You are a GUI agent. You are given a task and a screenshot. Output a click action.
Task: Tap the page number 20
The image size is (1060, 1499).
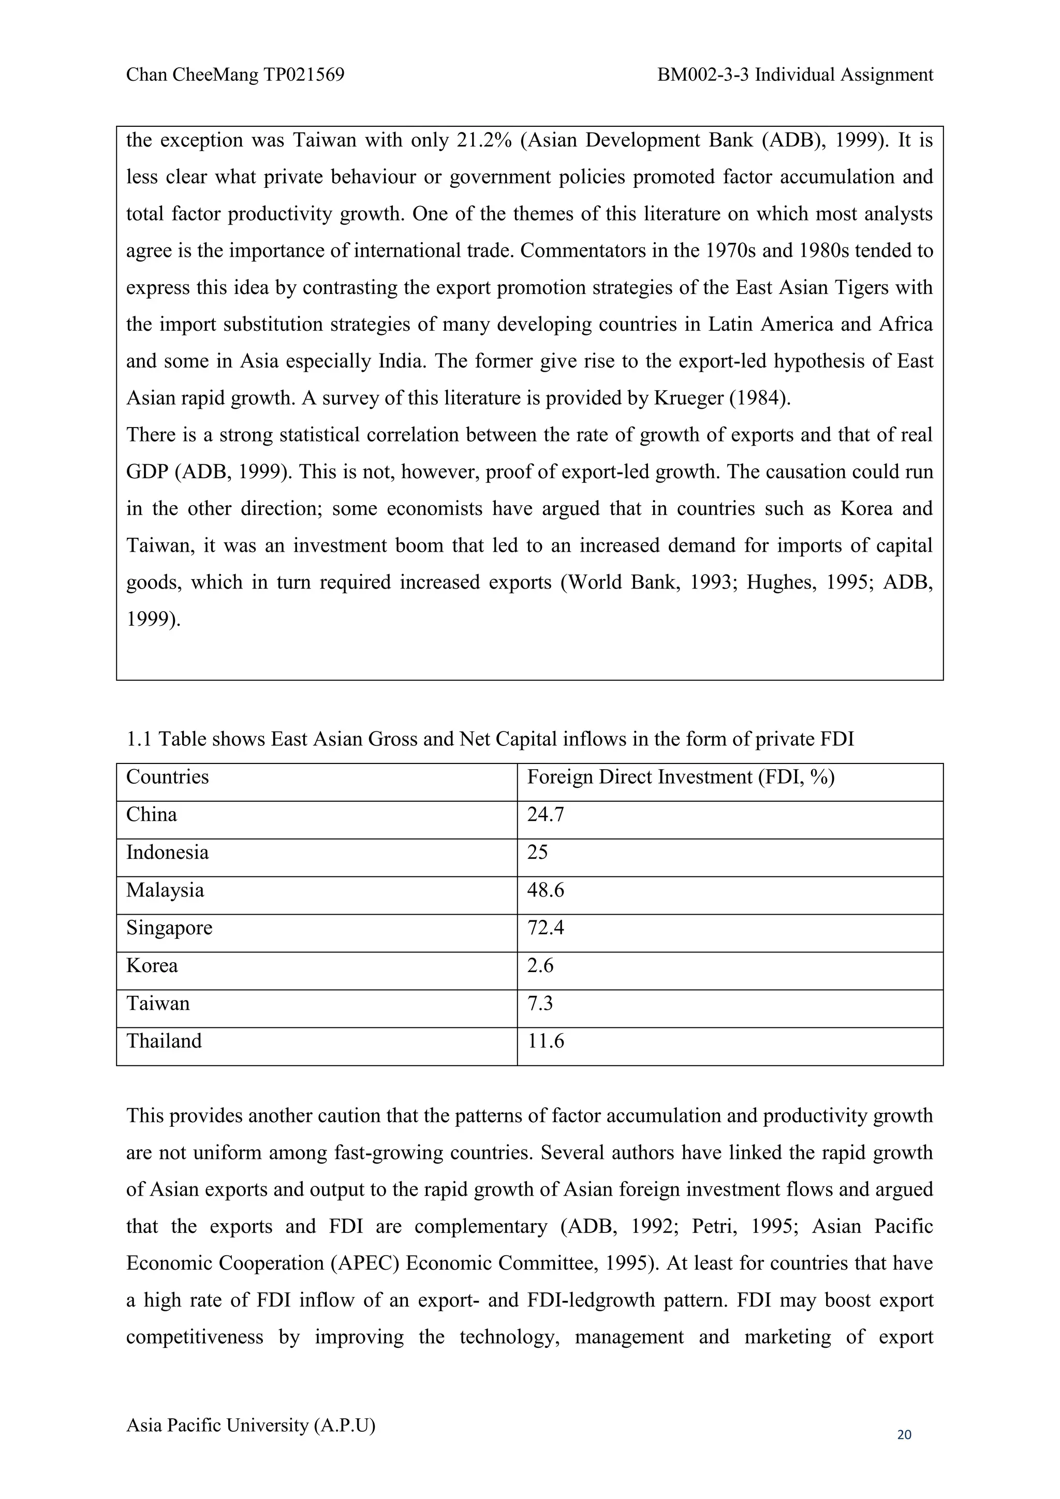pyautogui.click(x=904, y=1434)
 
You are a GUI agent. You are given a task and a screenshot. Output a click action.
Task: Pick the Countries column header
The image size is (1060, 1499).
pyautogui.click(x=167, y=777)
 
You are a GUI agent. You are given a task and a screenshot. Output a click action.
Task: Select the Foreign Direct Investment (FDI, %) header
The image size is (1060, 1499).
pyautogui.click(x=681, y=777)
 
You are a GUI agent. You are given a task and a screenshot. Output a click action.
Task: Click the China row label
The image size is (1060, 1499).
pyautogui.click(x=152, y=815)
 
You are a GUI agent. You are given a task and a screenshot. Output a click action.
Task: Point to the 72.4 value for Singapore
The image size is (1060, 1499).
pyautogui.click(x=545, y=928)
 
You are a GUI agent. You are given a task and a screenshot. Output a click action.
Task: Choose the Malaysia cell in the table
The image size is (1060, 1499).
pyautogui.click(x=165, y=890)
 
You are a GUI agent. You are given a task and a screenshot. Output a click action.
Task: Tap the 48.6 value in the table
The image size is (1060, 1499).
pyautogui.click(x=545, y=890)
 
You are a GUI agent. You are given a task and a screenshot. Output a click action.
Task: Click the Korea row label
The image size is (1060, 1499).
pyautogui.click(x=152, y=965)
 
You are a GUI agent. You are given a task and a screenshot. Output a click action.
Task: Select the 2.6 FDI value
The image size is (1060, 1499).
pyautogui.click(x=540, y=965)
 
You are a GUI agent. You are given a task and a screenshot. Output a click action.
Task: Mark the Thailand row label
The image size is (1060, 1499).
pyautogui.click(x=164, y=1041)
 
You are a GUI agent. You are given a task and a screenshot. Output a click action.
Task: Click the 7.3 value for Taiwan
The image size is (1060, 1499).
pyautogui.click(x=540, y=1004)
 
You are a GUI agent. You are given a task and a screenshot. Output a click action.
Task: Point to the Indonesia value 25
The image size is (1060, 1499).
pyautogui.click(x=537, y=853)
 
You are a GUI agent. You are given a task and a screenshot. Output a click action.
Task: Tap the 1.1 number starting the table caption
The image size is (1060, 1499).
pyautogui.click(x=138, y=739)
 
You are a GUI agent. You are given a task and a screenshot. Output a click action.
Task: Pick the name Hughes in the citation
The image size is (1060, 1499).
pyautogui.click(x=780, y=582)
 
